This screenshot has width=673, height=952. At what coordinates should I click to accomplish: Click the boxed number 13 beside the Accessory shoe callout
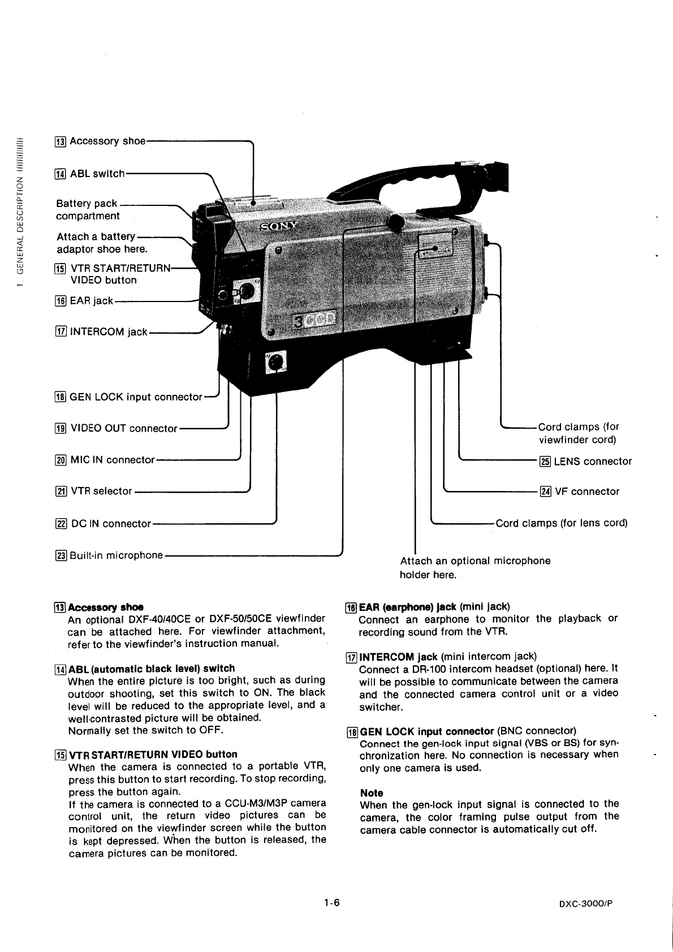point(61,141)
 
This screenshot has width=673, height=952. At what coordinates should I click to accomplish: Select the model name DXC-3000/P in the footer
point(585,903)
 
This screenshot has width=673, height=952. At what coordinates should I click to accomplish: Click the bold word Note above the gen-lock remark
point(372,793)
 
